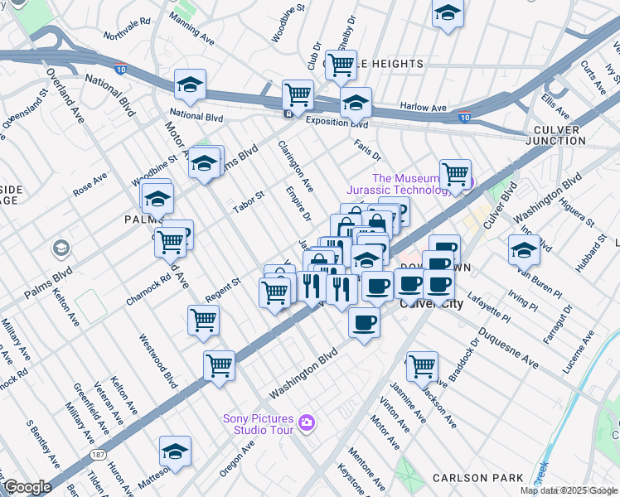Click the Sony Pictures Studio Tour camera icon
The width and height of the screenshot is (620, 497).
coord(308,423)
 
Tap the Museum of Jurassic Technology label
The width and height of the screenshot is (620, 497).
coord(415,184)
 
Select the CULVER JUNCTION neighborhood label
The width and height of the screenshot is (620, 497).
coord(569,136)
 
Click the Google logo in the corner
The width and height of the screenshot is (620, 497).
coord(27,486)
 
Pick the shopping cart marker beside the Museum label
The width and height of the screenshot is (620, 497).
coord(455,173)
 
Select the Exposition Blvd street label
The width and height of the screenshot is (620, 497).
coord(336,123)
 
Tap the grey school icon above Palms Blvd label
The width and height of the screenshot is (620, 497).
coord(61,248)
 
